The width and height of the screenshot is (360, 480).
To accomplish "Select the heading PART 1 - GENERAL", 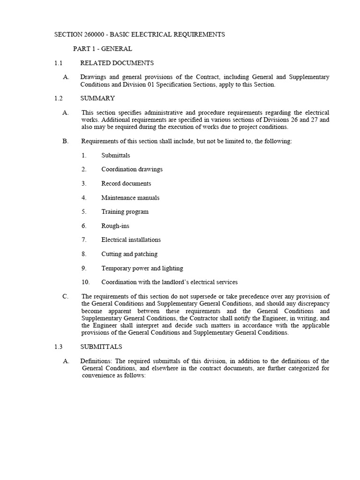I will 102,49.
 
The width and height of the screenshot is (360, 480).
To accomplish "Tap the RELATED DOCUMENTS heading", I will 117,63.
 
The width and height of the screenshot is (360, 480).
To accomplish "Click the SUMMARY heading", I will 97,98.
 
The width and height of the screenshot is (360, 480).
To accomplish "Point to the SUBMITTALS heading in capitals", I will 101,347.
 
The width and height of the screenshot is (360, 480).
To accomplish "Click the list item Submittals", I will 115,155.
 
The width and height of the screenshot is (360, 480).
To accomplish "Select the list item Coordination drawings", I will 132,169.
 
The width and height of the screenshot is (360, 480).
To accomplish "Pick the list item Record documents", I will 126,183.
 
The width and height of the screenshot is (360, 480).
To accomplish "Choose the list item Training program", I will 125,211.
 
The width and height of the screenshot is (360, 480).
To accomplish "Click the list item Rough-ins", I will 115,225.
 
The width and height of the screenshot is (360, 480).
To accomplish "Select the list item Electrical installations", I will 131,240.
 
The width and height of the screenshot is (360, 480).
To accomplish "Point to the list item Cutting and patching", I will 129,254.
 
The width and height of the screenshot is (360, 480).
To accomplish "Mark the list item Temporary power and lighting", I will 142,268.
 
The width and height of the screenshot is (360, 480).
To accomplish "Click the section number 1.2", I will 58,98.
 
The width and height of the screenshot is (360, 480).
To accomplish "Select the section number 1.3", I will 58,347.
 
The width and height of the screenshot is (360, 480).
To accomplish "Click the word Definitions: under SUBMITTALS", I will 97,361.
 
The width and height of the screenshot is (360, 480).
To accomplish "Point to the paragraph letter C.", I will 66,296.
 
